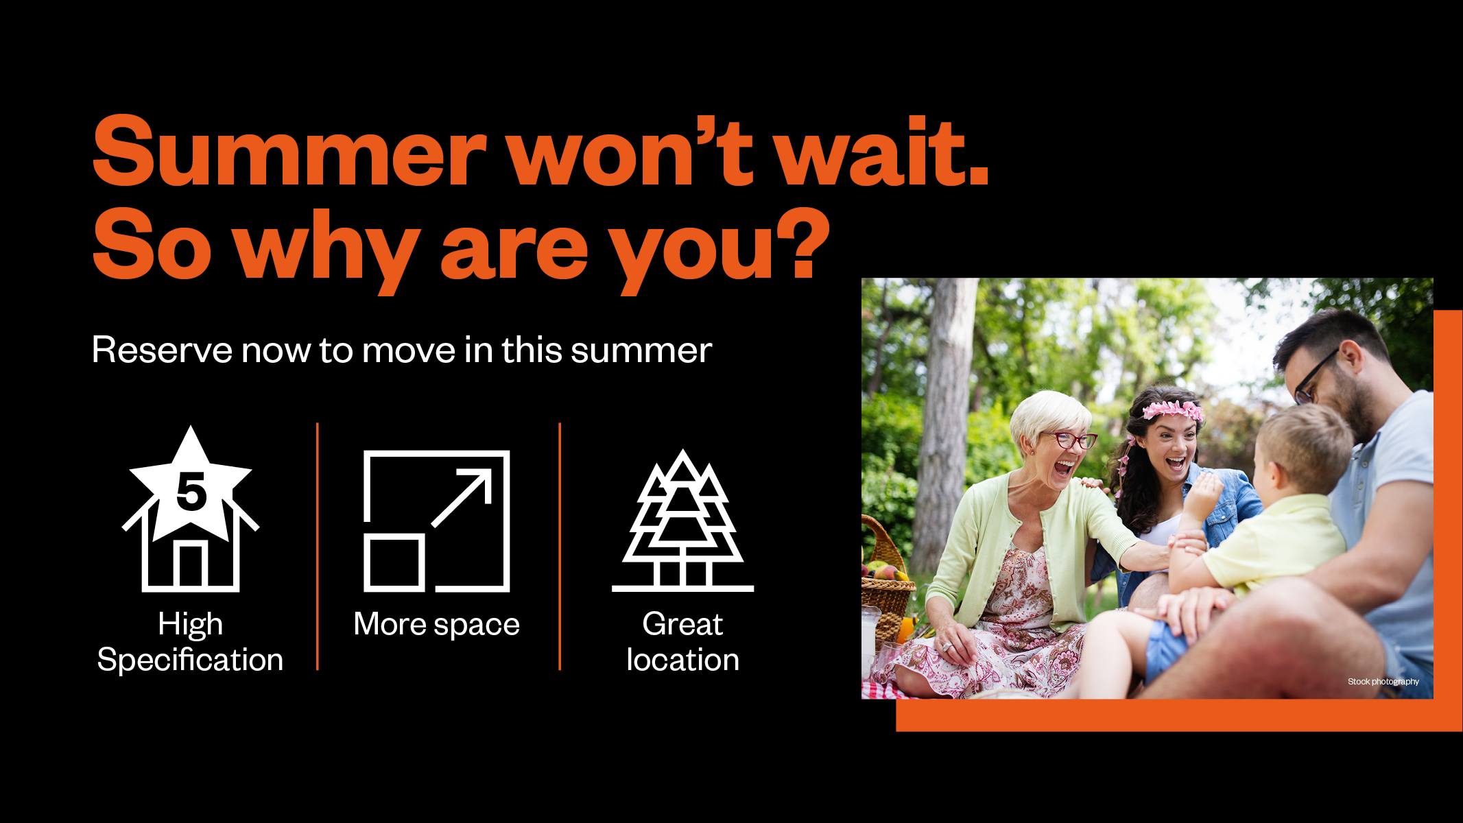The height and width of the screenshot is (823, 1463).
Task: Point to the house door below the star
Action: (x=191, y=564)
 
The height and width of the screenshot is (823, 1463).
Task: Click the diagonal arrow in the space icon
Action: (x=461, y=498)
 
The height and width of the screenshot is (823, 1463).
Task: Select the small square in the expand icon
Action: (x=394, y=562)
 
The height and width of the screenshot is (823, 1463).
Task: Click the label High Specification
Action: (x=190, y=642)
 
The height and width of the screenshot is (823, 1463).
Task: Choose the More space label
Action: (x=436, y=624)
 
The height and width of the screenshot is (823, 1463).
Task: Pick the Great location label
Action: (x=682, y=642)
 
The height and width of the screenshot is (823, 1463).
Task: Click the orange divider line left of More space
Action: (x=318, y=547)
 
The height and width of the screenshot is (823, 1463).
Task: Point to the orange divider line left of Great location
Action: (x=560, y=547)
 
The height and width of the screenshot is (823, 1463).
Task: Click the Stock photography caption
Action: (x=1383, y=681)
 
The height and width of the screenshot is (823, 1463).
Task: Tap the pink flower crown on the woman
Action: (x=1171, y=410)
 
